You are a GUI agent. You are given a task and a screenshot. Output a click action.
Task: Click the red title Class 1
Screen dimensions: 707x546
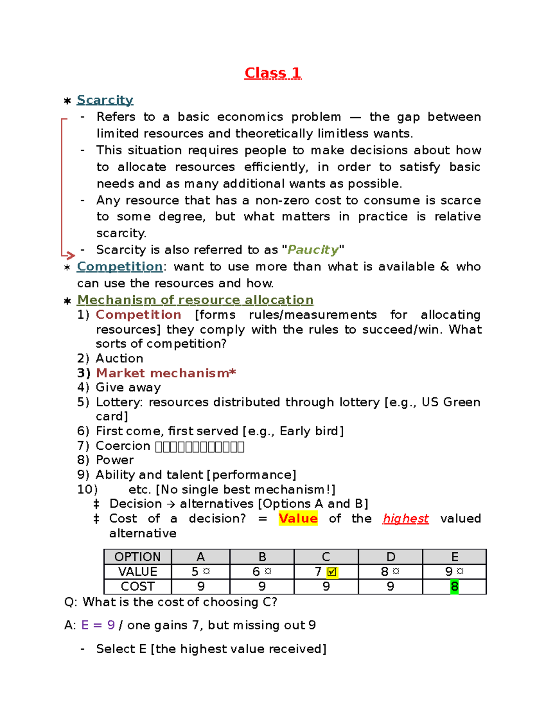tap(273, 73)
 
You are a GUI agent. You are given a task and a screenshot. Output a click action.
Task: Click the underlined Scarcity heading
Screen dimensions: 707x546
tap(105, 100)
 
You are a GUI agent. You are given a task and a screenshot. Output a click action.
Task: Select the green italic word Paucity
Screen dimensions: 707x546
tap(313, 249)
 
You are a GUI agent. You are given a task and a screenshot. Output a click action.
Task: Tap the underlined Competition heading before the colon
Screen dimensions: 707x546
tap(120, 266)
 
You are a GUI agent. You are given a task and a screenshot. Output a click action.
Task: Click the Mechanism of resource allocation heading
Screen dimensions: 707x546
tap(195, 300)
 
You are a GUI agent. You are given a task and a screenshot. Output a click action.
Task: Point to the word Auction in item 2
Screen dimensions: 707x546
tap(119, 358)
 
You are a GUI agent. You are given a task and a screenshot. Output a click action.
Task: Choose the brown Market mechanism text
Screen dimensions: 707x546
tap(166, 373)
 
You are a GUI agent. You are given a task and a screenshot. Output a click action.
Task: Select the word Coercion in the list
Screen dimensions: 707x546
tap(122, 446)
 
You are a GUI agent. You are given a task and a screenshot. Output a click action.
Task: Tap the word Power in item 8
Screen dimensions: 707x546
tap(115, 460)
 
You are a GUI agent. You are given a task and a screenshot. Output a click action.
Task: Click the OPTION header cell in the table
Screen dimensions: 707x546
tap(137, 557)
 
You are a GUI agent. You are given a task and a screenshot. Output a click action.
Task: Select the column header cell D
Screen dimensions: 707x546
tap(390, 557)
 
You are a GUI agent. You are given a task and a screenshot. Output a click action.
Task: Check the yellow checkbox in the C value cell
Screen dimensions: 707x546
tap(332, 572)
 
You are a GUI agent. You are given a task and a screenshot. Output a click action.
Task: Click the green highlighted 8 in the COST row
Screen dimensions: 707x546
tap(454, 586)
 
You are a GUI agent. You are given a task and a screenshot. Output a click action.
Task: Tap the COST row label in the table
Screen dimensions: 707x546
tap(137, 586)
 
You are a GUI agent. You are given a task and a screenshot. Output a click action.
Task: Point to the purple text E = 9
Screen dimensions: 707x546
tap(98, 625)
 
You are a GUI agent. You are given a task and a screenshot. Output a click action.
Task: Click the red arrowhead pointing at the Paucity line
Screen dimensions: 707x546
tap(70, 255)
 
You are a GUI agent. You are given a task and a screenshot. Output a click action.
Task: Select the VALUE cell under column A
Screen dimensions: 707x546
tap(201, 571)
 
